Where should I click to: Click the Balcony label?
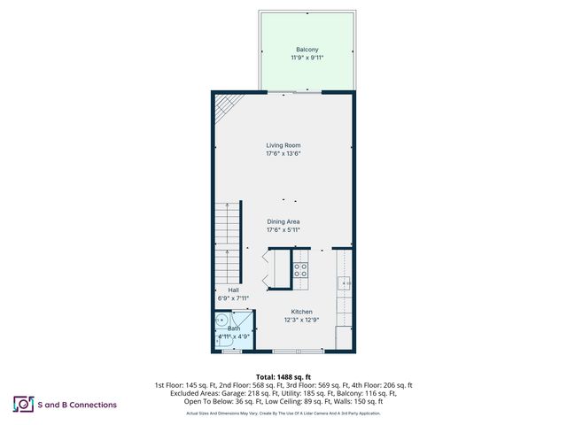[x=307, y=49]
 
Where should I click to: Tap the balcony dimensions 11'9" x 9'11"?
[x=307, y=58]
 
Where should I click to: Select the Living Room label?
[x=283, y=144]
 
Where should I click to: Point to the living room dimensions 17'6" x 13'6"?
[x=283, y=153]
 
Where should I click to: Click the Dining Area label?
[x=283, y=221]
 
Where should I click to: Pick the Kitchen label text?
[x=302, y=312]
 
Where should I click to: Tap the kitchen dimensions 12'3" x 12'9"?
[x=302, y=321]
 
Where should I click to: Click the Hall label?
[x=233, y=290]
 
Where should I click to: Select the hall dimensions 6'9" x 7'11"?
[x=233, y=298]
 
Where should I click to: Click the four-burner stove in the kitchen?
[x=300, y=269]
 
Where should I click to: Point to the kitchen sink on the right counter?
[x=344, y=283]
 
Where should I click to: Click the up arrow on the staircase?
[x=228, y=252]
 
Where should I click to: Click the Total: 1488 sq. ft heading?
[x=283, y=377]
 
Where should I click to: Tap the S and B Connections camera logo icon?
[x=22, y=405]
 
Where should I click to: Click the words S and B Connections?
[x=77, y=405]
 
